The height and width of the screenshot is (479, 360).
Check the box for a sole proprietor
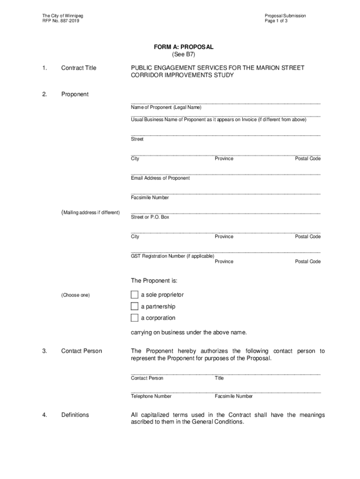pyautogui.click(x=135, y=295)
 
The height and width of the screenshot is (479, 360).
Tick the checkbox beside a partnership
pyautogui.click(x=135, y=306)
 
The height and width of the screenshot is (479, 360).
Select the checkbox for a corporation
pyautogui.click(x=135, y=318)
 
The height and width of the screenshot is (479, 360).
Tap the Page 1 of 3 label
pyautogui.click(x=276, y=22)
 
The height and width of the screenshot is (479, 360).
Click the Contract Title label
pyautogui.click(x=79, y=68)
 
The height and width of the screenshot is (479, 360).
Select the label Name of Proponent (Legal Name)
pyautogui.click(x=166, y=108)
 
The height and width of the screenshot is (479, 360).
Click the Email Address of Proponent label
pyautogui.click(x=160, y=178)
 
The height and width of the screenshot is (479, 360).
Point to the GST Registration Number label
pyautogui.click(x=173, y=256)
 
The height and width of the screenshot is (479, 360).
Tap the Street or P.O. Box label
pyautogui.click(x=150, y=217)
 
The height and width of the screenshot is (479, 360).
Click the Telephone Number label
pyautogui.click(x=151, y=396)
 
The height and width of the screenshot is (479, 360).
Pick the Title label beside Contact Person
pyautogui.click(x=219, y=378)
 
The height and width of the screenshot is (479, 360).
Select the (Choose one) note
pyautogui.click(x=75, y=295)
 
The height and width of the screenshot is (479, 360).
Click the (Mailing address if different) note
pyautogui.click(x=90, y=213)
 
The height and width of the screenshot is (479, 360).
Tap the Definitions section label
pyautogui.click(x=75, y=415)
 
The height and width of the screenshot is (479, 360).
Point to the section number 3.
pyautogui.click(x=44, y=351)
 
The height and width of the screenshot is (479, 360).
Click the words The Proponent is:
pyautogui.click(x=154, y=281)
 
